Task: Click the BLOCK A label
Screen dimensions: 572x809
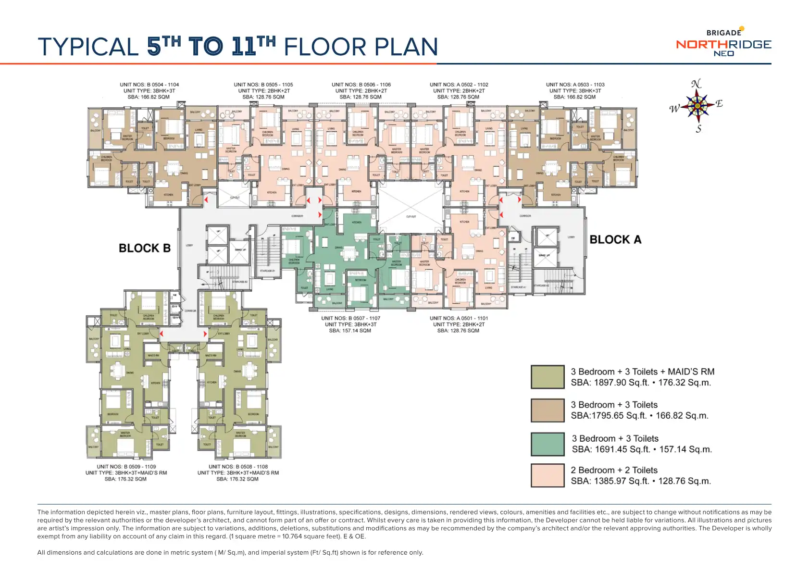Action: tap(615, 239)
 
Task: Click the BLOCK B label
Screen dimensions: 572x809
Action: tap(145, 248)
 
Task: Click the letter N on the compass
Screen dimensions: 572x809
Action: tap(696, 84)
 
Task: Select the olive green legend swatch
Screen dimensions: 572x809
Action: tap(548, 377)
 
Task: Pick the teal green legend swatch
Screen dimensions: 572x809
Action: tap(548, 444)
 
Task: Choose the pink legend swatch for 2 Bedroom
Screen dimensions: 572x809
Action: tap(548, 475)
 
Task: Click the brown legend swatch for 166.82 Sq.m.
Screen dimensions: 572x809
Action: tap(548, 410)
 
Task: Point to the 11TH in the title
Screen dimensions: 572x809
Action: tap(253, 47)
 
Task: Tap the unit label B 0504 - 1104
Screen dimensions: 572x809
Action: tap(149, 85)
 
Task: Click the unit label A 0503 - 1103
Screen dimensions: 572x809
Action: tap(575, 85)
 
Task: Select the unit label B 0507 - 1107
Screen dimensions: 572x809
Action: tap(350, 318)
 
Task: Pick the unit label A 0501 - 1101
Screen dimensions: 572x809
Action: tap(459, 318)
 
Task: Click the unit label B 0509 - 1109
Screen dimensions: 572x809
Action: tap(126, 466)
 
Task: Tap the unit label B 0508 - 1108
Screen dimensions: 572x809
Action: tap(238, 466)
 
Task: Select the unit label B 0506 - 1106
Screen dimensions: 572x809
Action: tap(361, 85)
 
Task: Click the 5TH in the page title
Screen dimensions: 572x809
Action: tap(164, 47)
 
